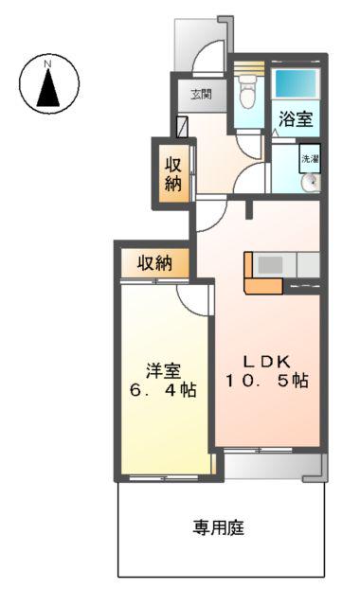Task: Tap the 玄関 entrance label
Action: [201, 94]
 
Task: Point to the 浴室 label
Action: [296, 120]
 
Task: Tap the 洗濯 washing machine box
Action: [311, 159]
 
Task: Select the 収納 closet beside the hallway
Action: [173, 172]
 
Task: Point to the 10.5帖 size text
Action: [266, 381]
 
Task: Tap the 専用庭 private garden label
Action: [220, 528]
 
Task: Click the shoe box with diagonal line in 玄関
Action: [183, 126]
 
